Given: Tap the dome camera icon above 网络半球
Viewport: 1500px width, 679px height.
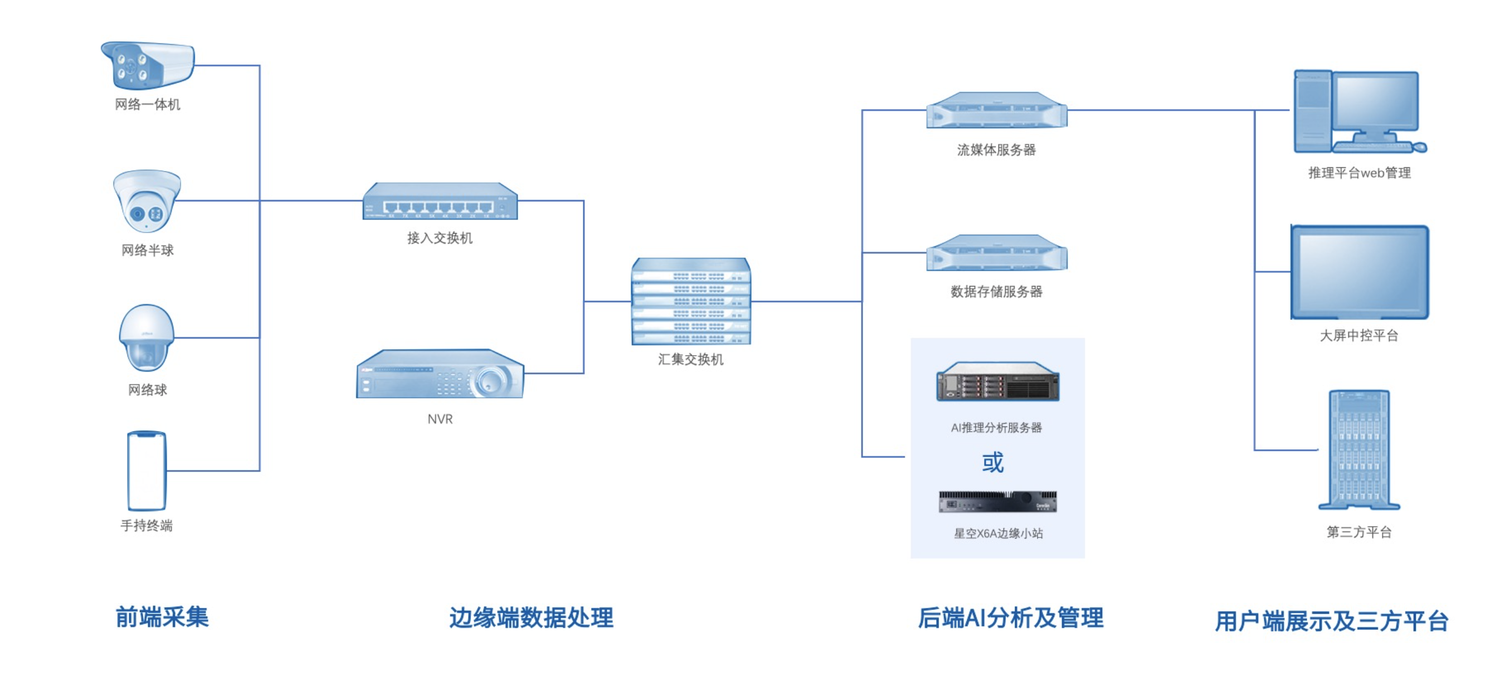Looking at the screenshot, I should click(x=147, y=200).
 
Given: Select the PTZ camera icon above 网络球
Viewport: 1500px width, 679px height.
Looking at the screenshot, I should click(x=147, y=337).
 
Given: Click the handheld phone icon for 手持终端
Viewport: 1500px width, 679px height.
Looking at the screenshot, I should click(x=147, y=471).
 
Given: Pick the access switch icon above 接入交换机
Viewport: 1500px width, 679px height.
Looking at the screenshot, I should click(x=440, y=201).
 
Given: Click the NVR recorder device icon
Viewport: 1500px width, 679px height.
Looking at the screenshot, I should click(x=440, y=374).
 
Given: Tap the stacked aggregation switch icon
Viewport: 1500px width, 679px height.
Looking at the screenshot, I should click(x=690, y=301).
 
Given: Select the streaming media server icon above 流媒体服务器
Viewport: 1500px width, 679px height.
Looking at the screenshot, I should click(x=996, y=110).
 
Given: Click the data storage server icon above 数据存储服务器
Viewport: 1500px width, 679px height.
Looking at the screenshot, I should click(x=996, y=253).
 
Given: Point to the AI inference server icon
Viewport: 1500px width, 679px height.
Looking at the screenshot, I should click(x=997, y=382).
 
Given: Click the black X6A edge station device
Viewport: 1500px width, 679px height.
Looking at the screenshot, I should click(x=997, y=501).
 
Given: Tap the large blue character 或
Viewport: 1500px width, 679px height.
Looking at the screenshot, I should click(x=993, y=462).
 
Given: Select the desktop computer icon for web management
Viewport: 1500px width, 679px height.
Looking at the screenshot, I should click(x=1359, y=112).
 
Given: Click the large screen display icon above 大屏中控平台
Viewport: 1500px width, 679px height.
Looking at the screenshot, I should click(x=1360, y=272).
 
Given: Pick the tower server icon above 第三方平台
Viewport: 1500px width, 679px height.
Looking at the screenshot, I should click(x=1359, y=450).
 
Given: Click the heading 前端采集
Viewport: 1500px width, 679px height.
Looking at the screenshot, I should click(x=162, y=617).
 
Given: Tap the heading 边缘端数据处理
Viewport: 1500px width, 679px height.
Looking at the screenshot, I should click(x=531, y=618).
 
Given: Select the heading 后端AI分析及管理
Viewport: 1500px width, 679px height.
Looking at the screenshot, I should click(x=1010, y=618).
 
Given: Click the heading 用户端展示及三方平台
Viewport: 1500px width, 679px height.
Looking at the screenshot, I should click(x=1331, y=621).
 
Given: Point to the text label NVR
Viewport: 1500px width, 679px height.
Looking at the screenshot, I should click(x=440, y=419).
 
